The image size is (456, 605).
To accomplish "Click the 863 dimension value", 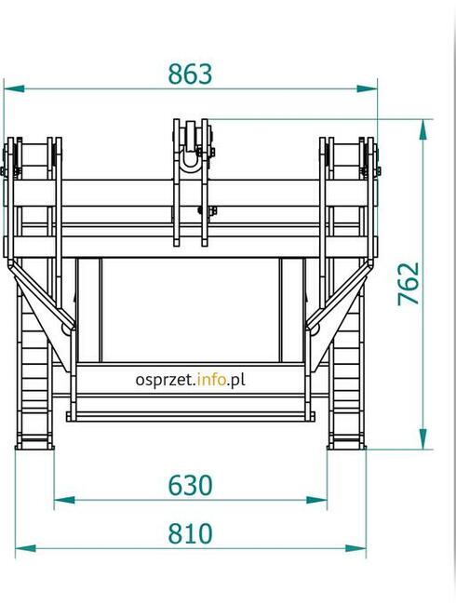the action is click(x=190, y=74).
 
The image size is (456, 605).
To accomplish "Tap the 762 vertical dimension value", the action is click(x=409, y=284).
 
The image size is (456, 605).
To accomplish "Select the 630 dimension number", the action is click(x=190, y=485).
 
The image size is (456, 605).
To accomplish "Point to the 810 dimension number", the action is click(x=190, y=533).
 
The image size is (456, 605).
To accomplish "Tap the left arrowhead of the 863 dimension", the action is click(x=14, y=88).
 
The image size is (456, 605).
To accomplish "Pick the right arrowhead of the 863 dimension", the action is click(x=368, y=88).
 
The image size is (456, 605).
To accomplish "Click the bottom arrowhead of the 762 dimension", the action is click(x=423, y=438).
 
